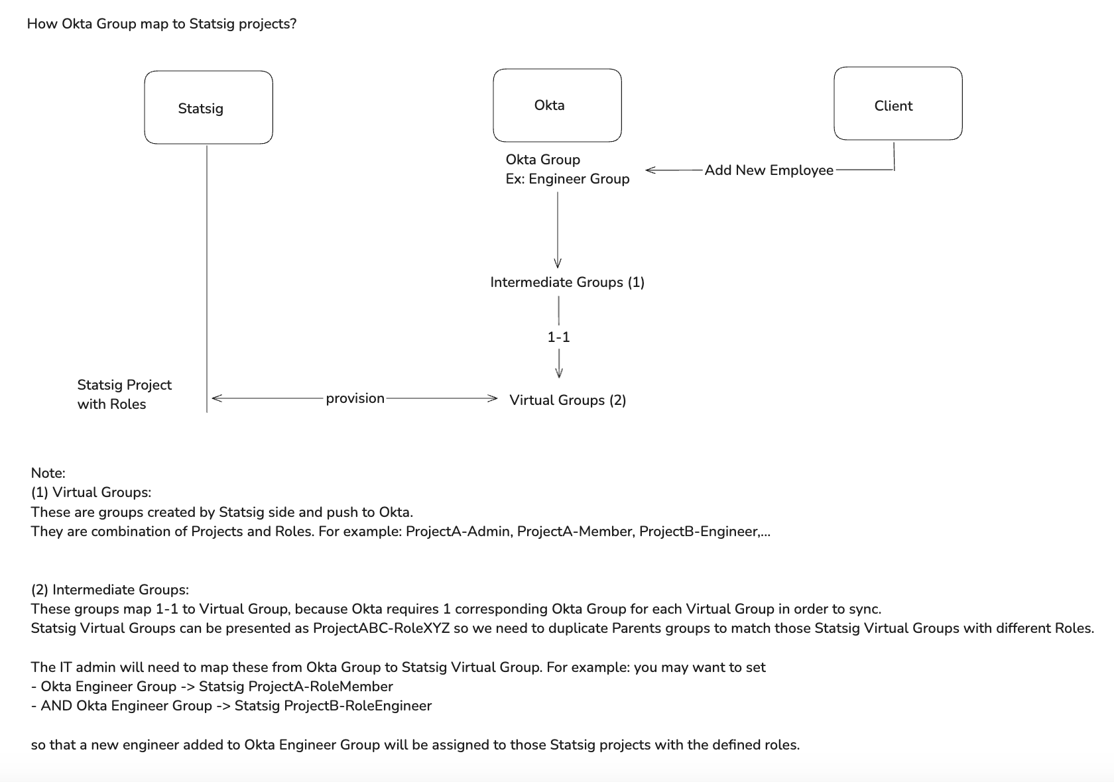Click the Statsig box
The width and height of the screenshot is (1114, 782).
pos(208,107)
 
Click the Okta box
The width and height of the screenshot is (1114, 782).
pos(557,105)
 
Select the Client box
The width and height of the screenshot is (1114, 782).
pos(897,103)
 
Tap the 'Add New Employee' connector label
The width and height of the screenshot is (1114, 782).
pos(769,170)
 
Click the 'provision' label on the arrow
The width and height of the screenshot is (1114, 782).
pos(355,398)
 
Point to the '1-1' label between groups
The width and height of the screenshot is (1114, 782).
pos(558,337)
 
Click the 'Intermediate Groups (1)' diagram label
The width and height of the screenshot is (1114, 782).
pos(567,282)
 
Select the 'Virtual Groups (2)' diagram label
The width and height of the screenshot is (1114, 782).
pos(567,400)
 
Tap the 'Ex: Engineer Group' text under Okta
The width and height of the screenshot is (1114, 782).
pos(567,179)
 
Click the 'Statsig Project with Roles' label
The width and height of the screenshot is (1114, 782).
pos(124,394)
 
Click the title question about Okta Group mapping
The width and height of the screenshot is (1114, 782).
pos(161,25)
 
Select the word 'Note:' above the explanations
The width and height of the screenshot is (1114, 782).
pos(48,473)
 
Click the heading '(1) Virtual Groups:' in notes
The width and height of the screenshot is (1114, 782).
pos(91,492)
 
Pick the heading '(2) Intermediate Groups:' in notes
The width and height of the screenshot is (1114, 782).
pos(109,590)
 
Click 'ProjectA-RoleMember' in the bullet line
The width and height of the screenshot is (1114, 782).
pos(320,687)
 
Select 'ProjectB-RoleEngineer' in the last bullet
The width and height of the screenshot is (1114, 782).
pos(357,706)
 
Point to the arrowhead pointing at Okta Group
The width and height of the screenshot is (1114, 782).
pos(650,170)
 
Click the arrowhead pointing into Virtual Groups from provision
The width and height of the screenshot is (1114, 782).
pos(492,398)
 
